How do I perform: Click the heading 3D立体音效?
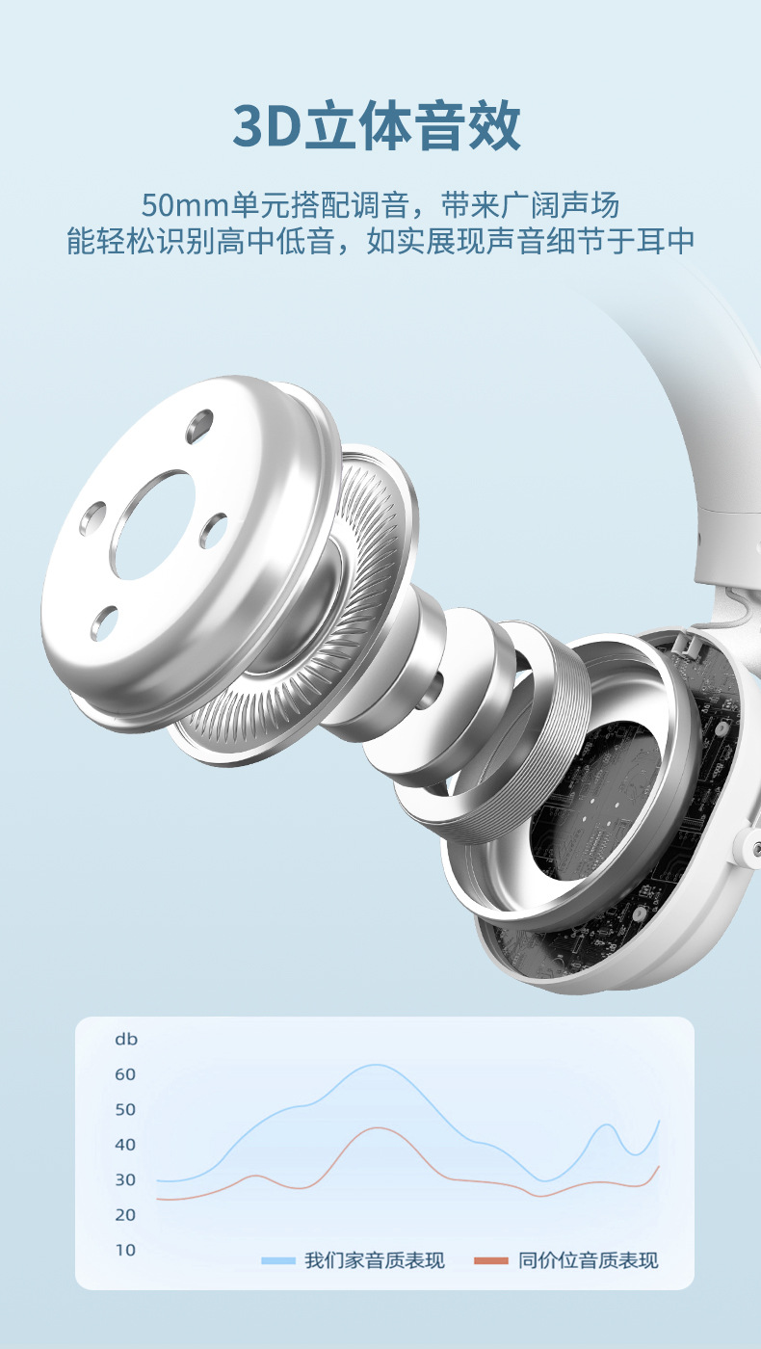click(x=377, y=126)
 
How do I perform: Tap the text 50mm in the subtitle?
click(x=185, y=205)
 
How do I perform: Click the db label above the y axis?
click(x=126, y=1039)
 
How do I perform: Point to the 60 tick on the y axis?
click(x=125, y=1074)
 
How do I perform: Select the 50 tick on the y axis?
click(x=125, y=1109)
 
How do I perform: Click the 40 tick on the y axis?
click(x=125, y=1145)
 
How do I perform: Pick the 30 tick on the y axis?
click(x=125, y=1179)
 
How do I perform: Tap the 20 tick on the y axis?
click(x=125, y=1215)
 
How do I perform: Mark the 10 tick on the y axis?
click(x=125, y=1250)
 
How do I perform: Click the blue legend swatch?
click(x=278, y=1260)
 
